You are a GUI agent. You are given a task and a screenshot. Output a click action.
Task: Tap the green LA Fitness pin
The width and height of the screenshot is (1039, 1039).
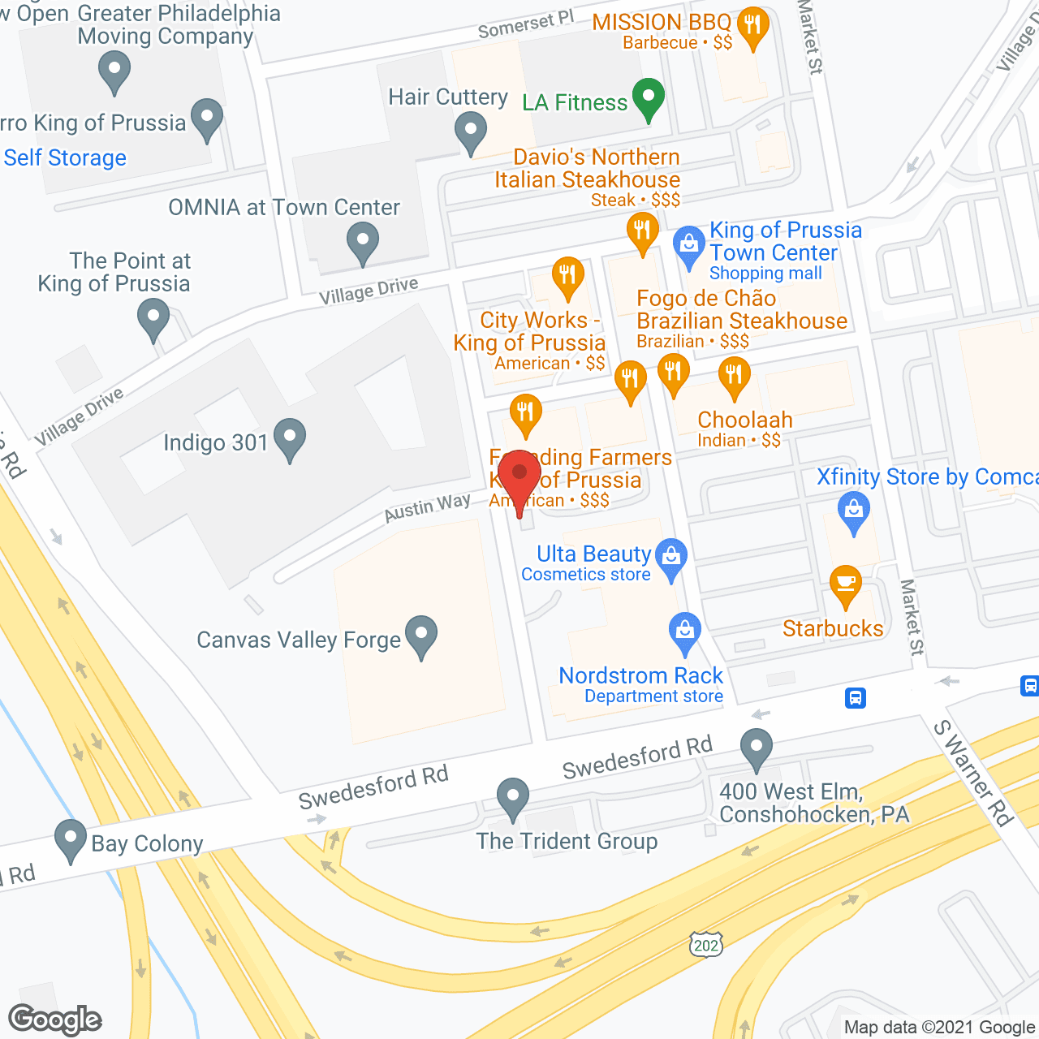tap(649, 98)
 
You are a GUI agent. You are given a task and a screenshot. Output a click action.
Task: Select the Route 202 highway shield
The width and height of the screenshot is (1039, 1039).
tap(705, 944)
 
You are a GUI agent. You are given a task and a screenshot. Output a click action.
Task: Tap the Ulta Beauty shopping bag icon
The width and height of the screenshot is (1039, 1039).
tap(671, 558)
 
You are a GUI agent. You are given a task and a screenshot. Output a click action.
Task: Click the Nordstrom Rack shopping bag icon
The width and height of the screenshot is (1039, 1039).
tap(685, 632)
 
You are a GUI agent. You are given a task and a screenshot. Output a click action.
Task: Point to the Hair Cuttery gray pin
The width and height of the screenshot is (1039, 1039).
tap(470, 131)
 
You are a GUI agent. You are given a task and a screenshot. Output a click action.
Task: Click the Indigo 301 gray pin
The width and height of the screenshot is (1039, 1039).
tap(290, 439)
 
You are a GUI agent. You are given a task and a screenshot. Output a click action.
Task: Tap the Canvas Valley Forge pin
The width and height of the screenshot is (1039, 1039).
tap(421, 636)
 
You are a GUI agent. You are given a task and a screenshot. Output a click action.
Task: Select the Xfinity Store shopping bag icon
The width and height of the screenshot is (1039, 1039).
tap(853, 512)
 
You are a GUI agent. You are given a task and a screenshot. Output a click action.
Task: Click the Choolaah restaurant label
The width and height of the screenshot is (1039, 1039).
tap(744, 420)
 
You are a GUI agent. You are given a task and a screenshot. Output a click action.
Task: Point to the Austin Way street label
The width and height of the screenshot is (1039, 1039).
tap(427, 507)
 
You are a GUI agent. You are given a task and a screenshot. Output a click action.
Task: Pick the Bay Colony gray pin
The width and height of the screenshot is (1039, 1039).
tap(71, 840)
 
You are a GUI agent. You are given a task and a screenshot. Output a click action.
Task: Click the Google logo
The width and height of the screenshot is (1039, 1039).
tap(55, 1020)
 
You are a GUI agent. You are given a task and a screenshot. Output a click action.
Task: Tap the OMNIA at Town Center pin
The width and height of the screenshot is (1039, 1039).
tap(363, 243)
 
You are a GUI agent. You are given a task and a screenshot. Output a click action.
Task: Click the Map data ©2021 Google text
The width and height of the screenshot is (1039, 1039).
tap(940, 1028)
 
